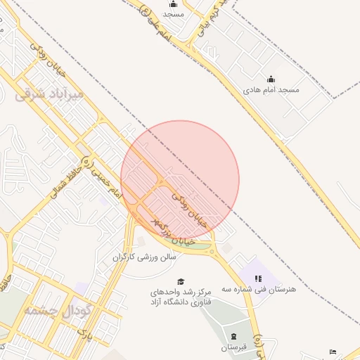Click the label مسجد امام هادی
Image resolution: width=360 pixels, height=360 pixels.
271,90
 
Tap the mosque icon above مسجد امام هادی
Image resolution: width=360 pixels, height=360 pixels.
271,79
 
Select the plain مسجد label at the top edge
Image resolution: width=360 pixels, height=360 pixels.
173,14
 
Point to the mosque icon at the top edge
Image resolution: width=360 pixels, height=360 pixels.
174,4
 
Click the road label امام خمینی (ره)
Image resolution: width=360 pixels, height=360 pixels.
102,176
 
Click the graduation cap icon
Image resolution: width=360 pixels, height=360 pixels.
181,281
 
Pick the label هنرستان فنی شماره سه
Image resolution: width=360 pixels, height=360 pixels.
259,289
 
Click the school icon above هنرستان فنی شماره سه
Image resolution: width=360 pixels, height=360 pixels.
258,278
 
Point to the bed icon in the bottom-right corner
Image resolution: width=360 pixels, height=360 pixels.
333,352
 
